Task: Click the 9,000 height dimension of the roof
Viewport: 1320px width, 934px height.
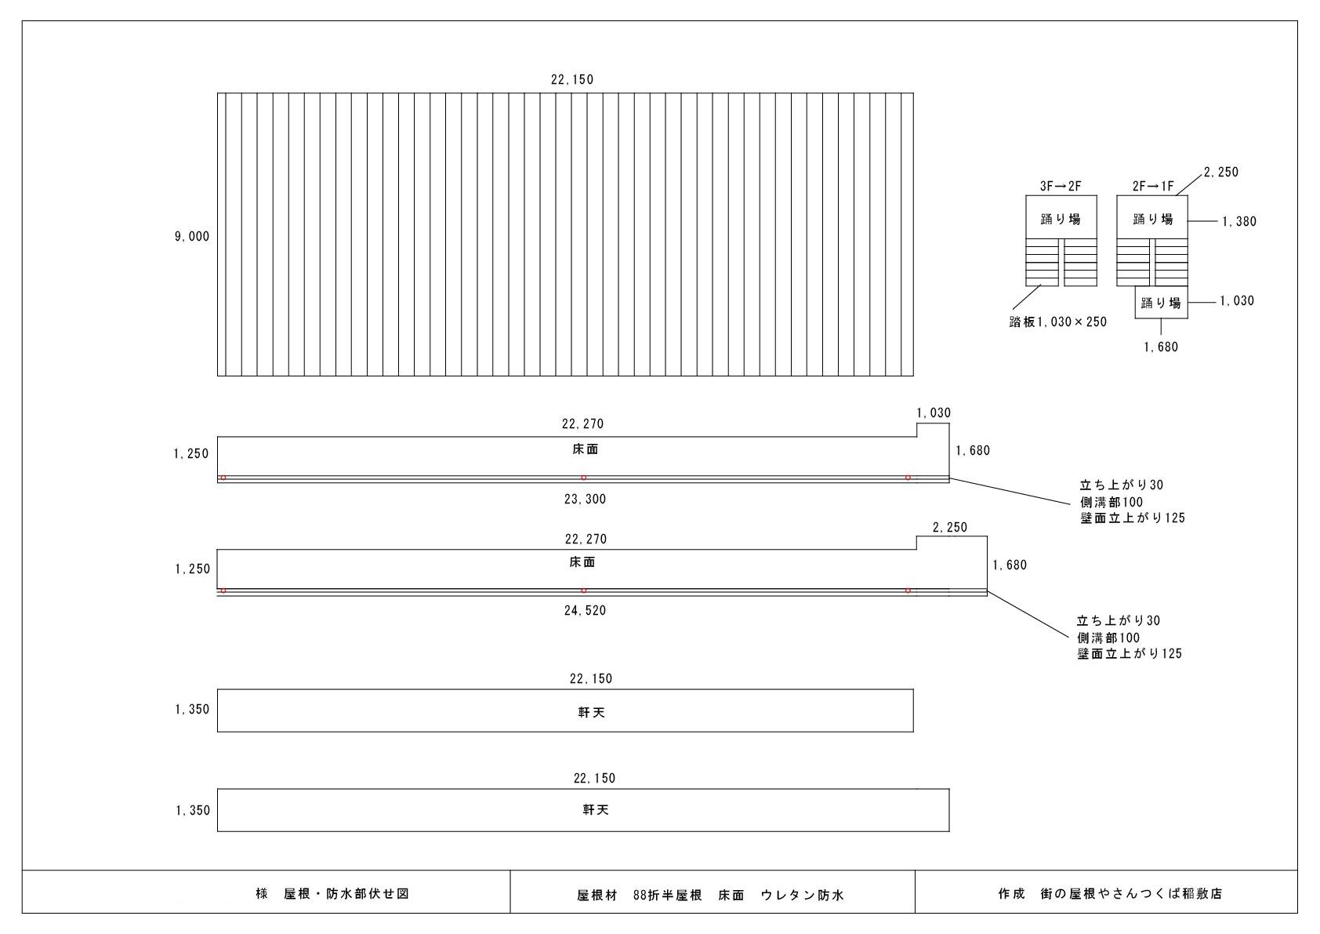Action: tap(192, 236)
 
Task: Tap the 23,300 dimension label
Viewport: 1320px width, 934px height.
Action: tap(585, 499)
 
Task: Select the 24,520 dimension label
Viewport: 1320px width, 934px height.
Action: tap(585, 610)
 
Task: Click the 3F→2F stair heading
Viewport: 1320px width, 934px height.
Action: tap(1061, 187)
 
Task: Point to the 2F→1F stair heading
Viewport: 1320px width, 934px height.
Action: tap(1153, 187)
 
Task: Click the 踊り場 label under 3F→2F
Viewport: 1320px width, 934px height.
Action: tap(1061, 220)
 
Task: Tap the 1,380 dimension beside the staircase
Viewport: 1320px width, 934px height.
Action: tap(1238, 221)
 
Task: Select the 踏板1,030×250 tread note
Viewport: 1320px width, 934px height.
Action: tap(1057, 322)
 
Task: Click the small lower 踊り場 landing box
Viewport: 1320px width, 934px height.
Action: tap(1161, 303)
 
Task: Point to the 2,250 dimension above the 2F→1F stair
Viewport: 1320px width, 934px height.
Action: tap(1221, 172)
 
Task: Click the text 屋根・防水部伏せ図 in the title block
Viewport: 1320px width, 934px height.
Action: tap(346, 893)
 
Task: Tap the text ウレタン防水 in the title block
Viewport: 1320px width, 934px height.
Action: tap(802, 894)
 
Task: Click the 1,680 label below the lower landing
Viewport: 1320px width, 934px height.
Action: tap(1161, 347)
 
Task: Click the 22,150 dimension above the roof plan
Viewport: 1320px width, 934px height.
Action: tap(572, 79)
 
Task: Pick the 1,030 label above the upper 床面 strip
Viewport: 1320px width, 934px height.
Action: tap(934, 412)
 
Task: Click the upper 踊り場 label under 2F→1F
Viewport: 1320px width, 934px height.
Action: tap(1153, 220)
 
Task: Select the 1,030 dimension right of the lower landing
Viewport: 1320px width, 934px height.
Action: tap(1236, 300)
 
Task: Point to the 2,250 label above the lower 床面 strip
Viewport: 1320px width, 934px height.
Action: tap(950, 528)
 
